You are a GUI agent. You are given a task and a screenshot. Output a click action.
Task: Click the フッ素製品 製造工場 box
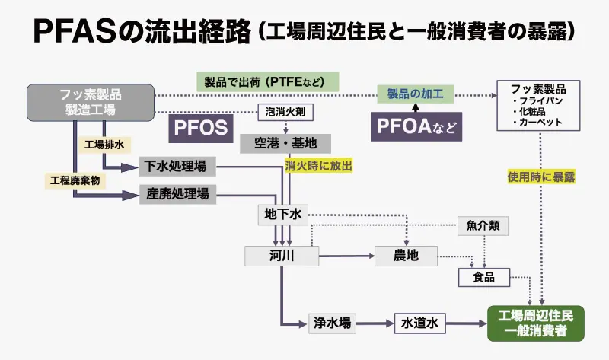pos(90,103)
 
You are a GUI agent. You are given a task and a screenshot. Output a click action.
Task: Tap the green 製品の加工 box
pos(415,94)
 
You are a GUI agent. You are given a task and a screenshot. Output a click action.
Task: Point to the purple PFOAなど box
pos(416,126)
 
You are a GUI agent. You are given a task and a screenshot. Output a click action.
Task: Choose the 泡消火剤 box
pos(286,113)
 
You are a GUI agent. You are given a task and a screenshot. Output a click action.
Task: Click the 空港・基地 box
pos(278,142)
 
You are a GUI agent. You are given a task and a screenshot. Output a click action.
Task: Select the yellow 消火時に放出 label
pos(320,164)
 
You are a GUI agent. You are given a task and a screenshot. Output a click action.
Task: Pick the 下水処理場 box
pos(177,165)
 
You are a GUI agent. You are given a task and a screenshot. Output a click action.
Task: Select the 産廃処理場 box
pos(177,194)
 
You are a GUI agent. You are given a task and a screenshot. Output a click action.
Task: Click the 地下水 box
pos(282,215)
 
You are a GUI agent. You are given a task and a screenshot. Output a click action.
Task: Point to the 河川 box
pos(281,256)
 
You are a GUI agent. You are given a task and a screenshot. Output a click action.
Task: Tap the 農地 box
pos(407,256)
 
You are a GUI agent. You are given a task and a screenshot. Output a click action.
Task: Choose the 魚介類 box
pos(483,226)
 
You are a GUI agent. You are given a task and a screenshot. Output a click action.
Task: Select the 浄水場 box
pos(333,323)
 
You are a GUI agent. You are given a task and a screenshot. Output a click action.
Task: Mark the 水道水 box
pos(419,323)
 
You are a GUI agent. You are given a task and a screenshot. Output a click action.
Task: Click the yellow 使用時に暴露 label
pos(541,177)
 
